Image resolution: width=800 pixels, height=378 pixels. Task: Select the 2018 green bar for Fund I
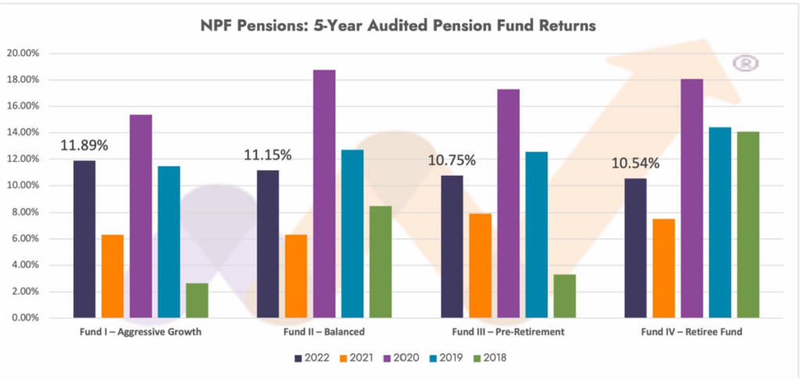[x=197, y=301]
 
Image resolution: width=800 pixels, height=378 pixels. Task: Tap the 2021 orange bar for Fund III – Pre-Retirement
[x=480, y=266]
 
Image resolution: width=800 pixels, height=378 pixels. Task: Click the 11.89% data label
[x=84, y=146]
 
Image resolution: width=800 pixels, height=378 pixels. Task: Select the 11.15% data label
[x=268, y=155]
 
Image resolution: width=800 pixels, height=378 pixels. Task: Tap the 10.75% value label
[x=452, y=160]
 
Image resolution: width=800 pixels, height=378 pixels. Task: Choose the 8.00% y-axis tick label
[x=34, y=212]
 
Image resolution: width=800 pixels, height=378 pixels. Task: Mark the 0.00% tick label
[x=34, y=319]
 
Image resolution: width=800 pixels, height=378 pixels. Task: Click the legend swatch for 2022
[x=298, y=358]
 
